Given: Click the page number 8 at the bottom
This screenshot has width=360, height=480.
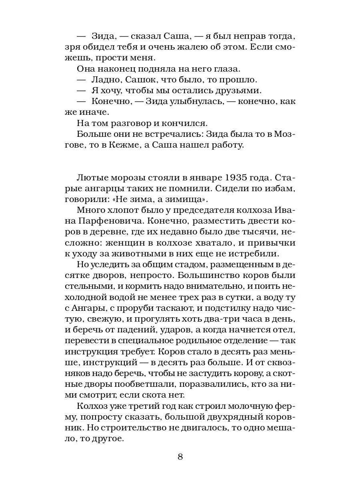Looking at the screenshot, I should tap(180, 457).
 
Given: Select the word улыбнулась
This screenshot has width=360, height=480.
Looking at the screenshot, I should tap(194, 102).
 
